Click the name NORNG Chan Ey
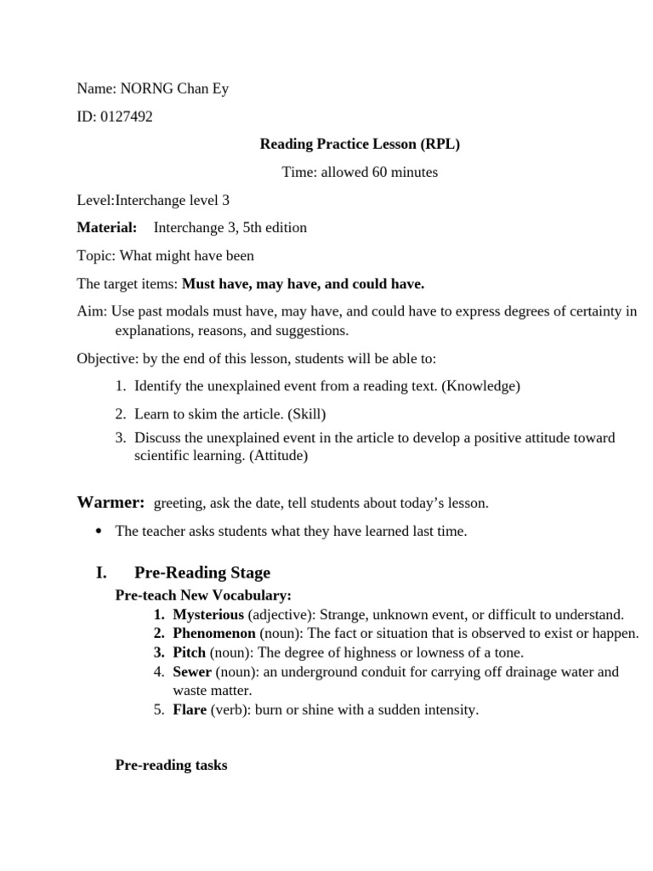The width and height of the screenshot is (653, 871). (x=173, y=88)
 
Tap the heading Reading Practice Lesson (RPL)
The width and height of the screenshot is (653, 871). (x=360, y=144)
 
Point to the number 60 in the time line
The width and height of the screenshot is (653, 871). (x=380, y=172)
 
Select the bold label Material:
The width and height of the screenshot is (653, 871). (x=106, y=227)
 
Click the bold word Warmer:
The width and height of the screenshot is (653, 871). (x=111, y=503)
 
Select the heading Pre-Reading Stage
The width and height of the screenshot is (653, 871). (x=202, y=572)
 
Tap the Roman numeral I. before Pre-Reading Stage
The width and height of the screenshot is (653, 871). (x=101, y=572)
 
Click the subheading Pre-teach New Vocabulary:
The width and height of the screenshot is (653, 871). (x=203, y=595)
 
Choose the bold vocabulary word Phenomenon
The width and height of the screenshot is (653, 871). (x=214, y=633)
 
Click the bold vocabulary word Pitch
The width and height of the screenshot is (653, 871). (x=190, y=652)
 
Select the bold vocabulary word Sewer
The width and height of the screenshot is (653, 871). (x=192, y=671)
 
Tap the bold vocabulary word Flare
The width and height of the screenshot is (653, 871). (x=190, y=709)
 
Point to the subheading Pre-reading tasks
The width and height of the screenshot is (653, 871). (x=171, y=765)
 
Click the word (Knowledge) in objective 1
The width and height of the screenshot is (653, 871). (x=482, y=386)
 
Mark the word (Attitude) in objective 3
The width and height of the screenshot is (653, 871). (x=276, y=455)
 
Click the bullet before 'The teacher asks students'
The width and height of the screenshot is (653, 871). (x=99, y=532)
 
